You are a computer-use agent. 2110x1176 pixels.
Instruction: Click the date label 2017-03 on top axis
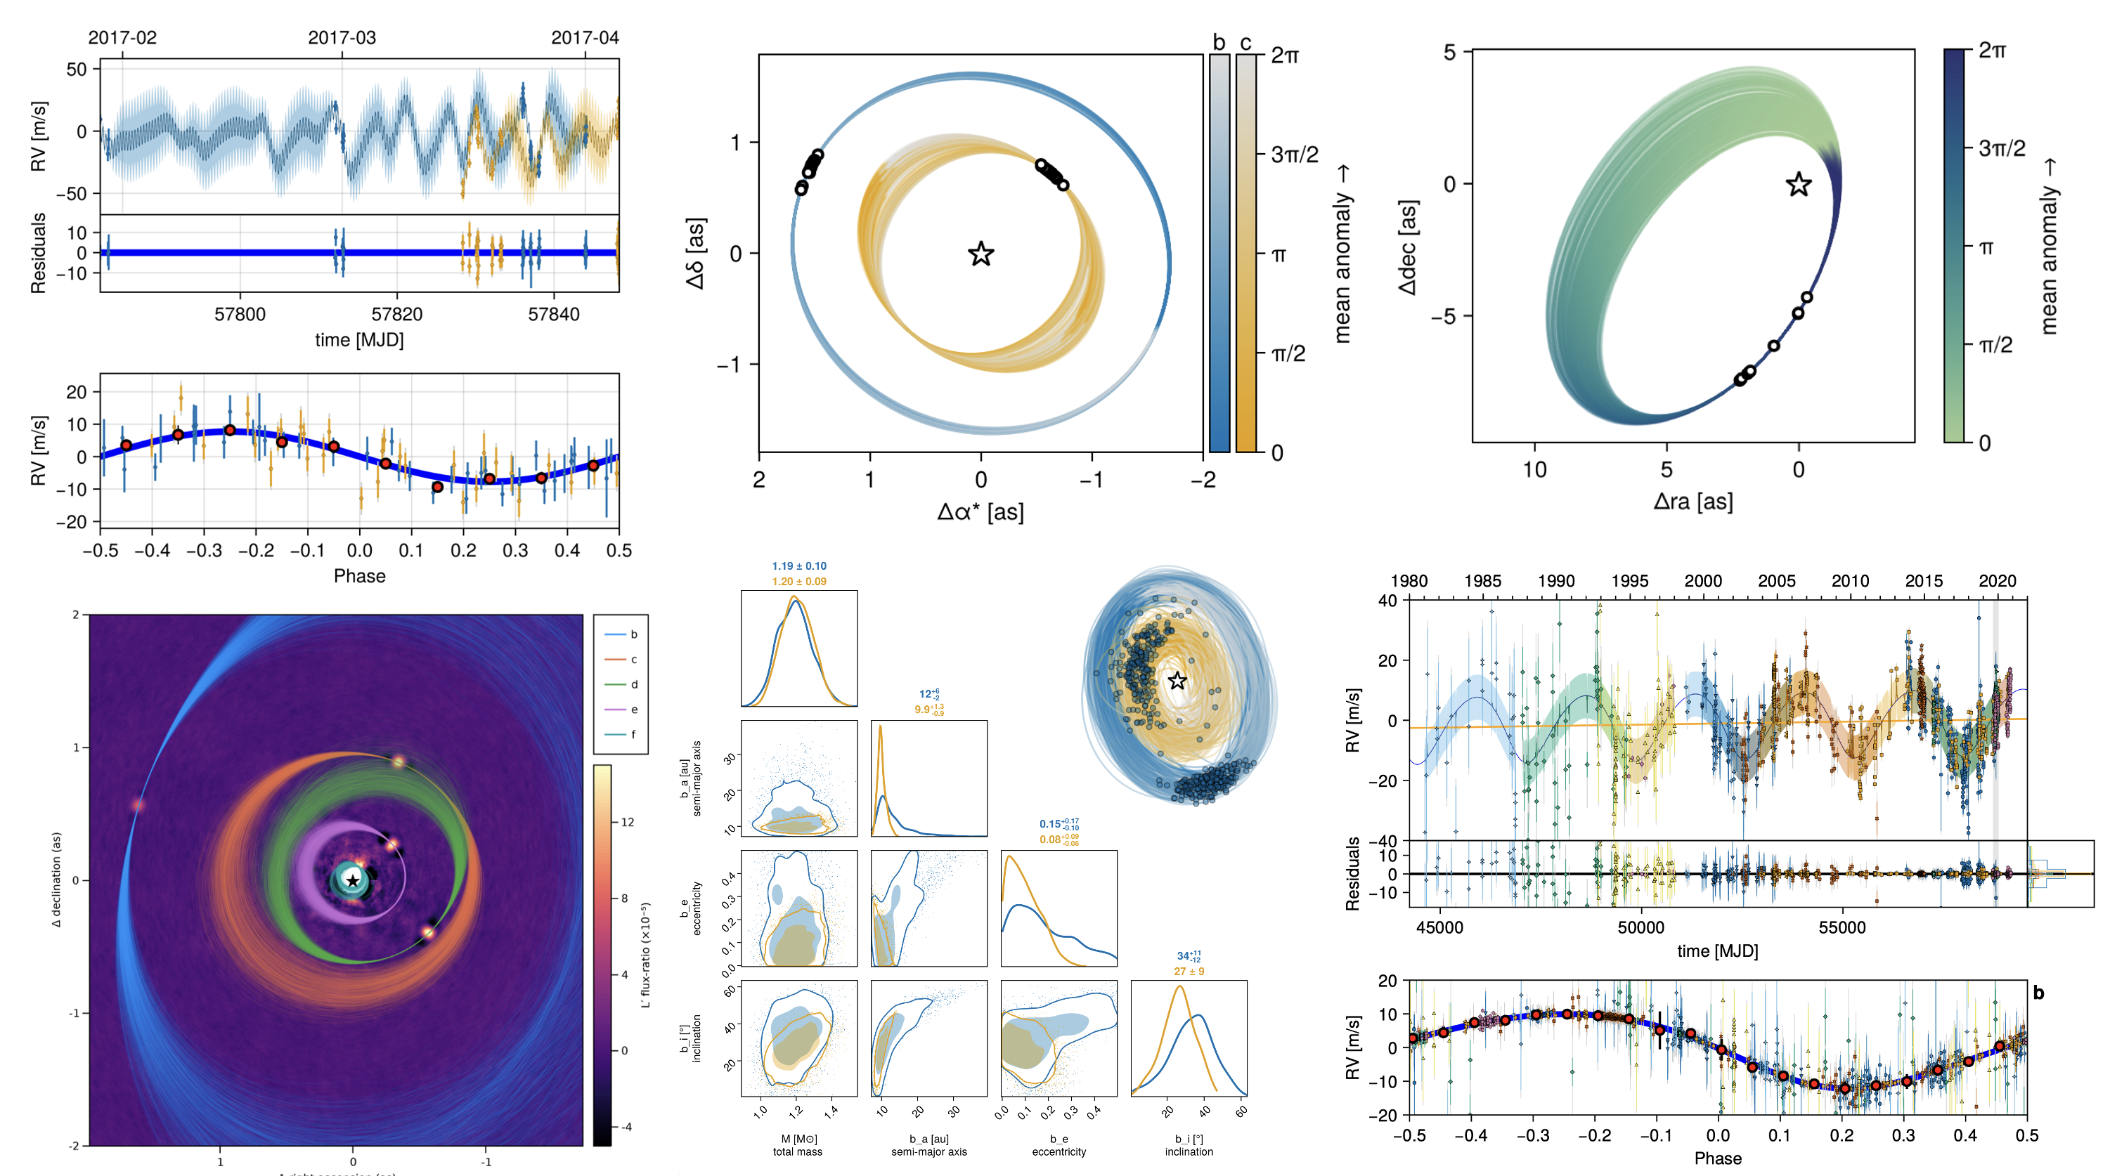pos(342,38)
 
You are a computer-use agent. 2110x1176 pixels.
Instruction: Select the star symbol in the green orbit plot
pos(1798,184)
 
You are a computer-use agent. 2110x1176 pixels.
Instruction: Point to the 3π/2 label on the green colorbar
pos(2001,148)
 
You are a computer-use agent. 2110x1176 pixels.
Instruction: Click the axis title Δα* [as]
pos(980,513)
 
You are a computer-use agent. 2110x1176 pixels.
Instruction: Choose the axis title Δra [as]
pos(1692,501)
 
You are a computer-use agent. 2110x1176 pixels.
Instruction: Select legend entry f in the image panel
pos(633,735)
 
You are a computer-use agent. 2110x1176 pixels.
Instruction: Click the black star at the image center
pos(352,881)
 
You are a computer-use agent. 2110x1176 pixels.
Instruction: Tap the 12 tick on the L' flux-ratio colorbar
pos(628,822)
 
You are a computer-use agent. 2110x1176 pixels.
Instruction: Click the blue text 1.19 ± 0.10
pos(798,566)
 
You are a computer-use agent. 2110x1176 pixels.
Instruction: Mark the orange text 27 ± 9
pos(1189,972)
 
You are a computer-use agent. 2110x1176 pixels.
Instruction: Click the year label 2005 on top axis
pos(1776,582)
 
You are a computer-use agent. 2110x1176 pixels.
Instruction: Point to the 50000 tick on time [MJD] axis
pos(1640,928)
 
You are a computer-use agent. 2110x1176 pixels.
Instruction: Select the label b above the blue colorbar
pos(1219,43)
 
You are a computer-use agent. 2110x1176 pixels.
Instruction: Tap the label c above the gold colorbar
pos(1246,43)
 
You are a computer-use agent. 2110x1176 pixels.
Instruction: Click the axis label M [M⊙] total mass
pos(798,1145)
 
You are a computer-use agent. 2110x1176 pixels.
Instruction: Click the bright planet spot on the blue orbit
pos(138,805)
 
